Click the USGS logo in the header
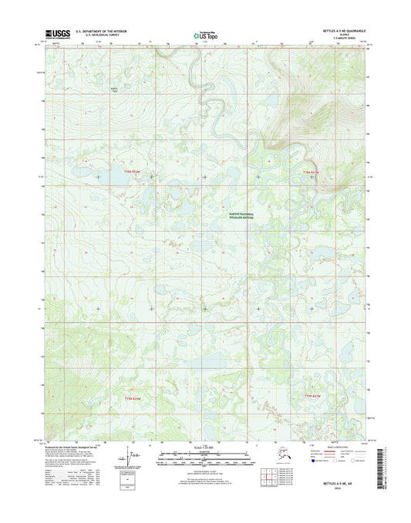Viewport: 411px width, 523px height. tap(58, 33)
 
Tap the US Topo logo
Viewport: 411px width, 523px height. tap(205, 34)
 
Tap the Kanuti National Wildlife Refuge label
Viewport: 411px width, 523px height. tap(245, 216)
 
